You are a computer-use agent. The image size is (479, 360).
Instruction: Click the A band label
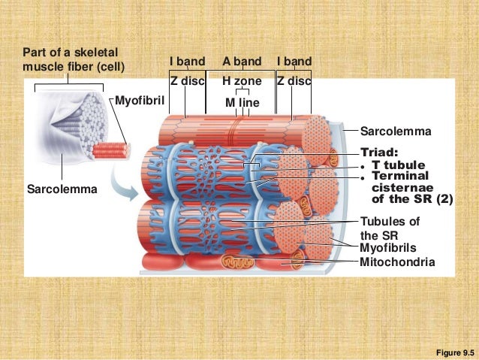(x=242, y=61)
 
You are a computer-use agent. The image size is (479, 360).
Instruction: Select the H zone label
(x=242, y=80)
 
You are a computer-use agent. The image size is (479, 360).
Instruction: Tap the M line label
(x=242, y=101)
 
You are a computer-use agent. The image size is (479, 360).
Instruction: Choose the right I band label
(x=294, y=61)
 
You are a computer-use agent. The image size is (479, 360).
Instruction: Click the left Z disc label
(x=187, y=80)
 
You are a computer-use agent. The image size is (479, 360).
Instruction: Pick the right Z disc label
(x=294, y=80)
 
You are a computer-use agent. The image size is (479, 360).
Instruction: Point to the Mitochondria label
(x=397, y=262)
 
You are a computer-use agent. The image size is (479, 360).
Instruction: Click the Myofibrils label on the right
(x=387, y=247)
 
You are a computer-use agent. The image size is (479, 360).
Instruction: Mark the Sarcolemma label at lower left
(x=62, y=189)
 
